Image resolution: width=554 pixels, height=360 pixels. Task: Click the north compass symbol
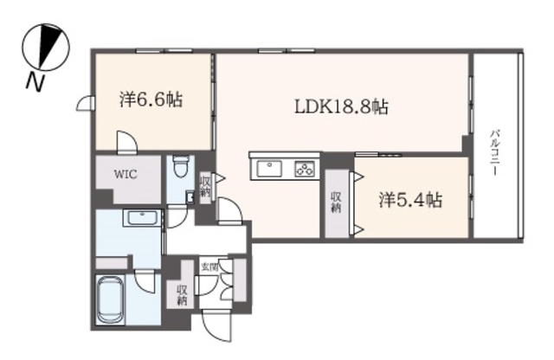(x=46, y=47)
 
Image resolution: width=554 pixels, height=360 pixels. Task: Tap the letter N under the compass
(x=35, y=82)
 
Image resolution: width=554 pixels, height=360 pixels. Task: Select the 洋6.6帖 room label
(x=151, y=100)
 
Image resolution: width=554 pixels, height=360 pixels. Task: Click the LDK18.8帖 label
(x=341, y=106)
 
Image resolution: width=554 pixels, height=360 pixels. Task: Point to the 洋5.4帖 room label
(x=410, y=200)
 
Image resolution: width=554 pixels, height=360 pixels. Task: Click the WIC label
(x=126, y=174)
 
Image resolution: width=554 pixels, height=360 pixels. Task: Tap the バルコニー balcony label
(x=494, y=152)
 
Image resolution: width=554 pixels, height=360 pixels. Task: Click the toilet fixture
(x=181, y=167)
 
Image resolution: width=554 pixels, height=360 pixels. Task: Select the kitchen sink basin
(x=269, y=169)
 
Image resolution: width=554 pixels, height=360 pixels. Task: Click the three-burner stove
(x=305, y=169)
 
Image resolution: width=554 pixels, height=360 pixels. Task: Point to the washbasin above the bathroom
(x=142, y=217)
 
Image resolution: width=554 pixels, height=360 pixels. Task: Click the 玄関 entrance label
(x=209, y=267)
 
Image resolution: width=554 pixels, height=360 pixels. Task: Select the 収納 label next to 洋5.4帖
(x=336, y=202)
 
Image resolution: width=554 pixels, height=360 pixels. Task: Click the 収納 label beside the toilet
(x=205, y=187)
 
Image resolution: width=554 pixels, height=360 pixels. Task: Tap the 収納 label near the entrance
(x=182, y=295)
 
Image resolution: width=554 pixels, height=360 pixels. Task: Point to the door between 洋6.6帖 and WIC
(x=126, y=142)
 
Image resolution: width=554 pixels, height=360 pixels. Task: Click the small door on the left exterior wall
(x=85, y=104)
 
